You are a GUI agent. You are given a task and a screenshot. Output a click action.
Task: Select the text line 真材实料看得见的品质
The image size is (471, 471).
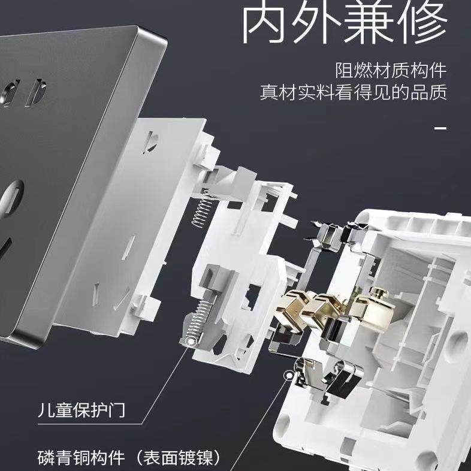pos(354,93)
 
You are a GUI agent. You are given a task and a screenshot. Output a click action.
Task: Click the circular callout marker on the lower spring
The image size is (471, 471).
pos(190,342)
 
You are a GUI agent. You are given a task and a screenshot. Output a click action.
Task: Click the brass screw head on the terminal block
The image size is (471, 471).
pos(378,294)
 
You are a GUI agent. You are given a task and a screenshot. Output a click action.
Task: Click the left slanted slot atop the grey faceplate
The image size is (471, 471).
pos(10,93)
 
